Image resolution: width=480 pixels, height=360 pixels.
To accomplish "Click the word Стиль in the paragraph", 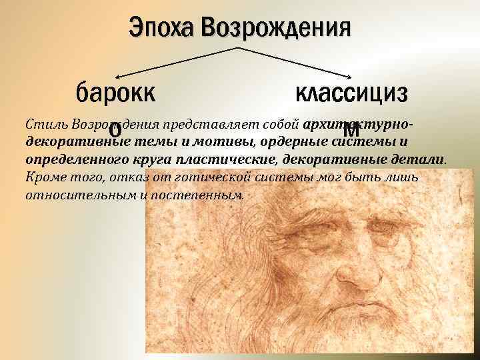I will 42,125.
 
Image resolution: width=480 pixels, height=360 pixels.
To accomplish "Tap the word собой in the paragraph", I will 279,125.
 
